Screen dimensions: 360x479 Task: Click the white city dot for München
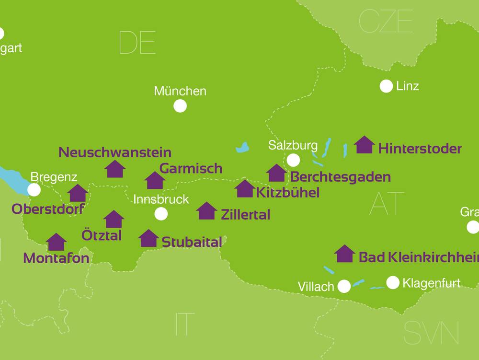click(x=180, y=106)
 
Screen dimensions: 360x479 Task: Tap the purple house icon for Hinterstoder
click(x=365, y=145)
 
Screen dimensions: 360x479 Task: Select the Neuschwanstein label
click(x=115, y=152)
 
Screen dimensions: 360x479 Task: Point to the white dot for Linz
click(x=386, y=86)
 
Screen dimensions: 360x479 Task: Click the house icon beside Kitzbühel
click(x=245, y=189)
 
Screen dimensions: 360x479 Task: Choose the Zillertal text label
click(x=245, y=215)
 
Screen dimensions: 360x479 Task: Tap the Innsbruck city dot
click(x=161, y=214)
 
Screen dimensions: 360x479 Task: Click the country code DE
click(x=137, y=43)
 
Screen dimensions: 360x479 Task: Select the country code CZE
click(x=386, y=22)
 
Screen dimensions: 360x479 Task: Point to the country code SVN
click(x=431, y=333)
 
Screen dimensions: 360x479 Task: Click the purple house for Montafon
click(x=57, y=242)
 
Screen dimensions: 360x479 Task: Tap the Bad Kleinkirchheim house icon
click(x=344, y=254)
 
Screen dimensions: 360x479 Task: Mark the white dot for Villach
click(x=344, y=286)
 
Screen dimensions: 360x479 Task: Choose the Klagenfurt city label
click(x=431, y=283)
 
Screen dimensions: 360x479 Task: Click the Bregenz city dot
click(x=34, y=190)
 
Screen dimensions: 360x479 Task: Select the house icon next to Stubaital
click(x=148, y=238)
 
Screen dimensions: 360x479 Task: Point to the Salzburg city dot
click(x=293, y=160)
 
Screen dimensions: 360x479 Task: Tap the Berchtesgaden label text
click(x=341, y=177)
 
